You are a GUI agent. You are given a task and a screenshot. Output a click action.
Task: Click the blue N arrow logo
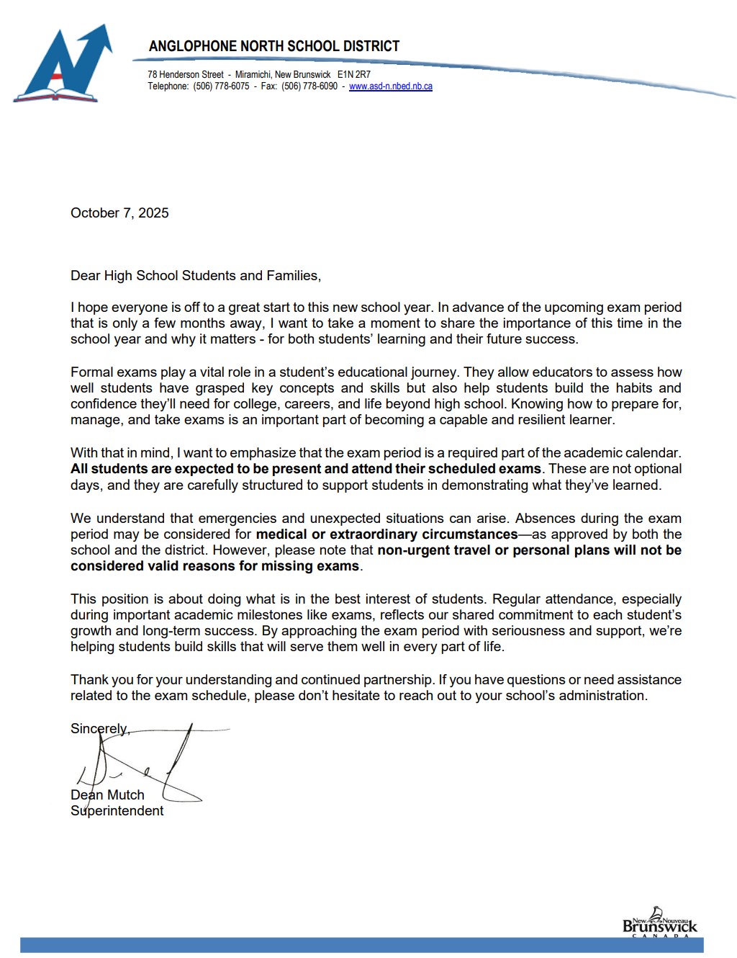[63, 65]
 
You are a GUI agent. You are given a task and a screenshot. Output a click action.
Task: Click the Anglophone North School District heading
[273, 46]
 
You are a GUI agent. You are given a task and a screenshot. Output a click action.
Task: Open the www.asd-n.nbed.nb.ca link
[391, 86]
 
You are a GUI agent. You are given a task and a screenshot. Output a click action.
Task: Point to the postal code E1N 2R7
[354, 75]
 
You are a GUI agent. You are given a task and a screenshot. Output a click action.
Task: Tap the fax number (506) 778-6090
[309, 86]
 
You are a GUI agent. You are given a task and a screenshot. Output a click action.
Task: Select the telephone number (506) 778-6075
[221, 86]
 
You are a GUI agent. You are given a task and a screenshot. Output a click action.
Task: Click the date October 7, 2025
[119, 213]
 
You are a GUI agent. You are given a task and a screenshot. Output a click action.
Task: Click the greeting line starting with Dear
[196, 276]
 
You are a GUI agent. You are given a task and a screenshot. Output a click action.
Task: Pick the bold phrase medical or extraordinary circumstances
[386, 534]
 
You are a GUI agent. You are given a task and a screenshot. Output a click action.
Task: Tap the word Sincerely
[99, 729]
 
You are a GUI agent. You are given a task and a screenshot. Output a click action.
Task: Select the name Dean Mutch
[107, 795]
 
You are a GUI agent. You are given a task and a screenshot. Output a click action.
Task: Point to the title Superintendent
[117, 811]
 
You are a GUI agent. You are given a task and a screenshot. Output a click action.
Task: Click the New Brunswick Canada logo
[659, 923]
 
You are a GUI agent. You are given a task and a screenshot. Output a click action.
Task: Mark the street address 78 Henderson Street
[186, 75]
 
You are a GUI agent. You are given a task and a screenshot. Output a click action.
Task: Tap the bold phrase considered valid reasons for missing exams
[214, 566]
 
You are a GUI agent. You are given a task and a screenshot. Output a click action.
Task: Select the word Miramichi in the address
[253, 75]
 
